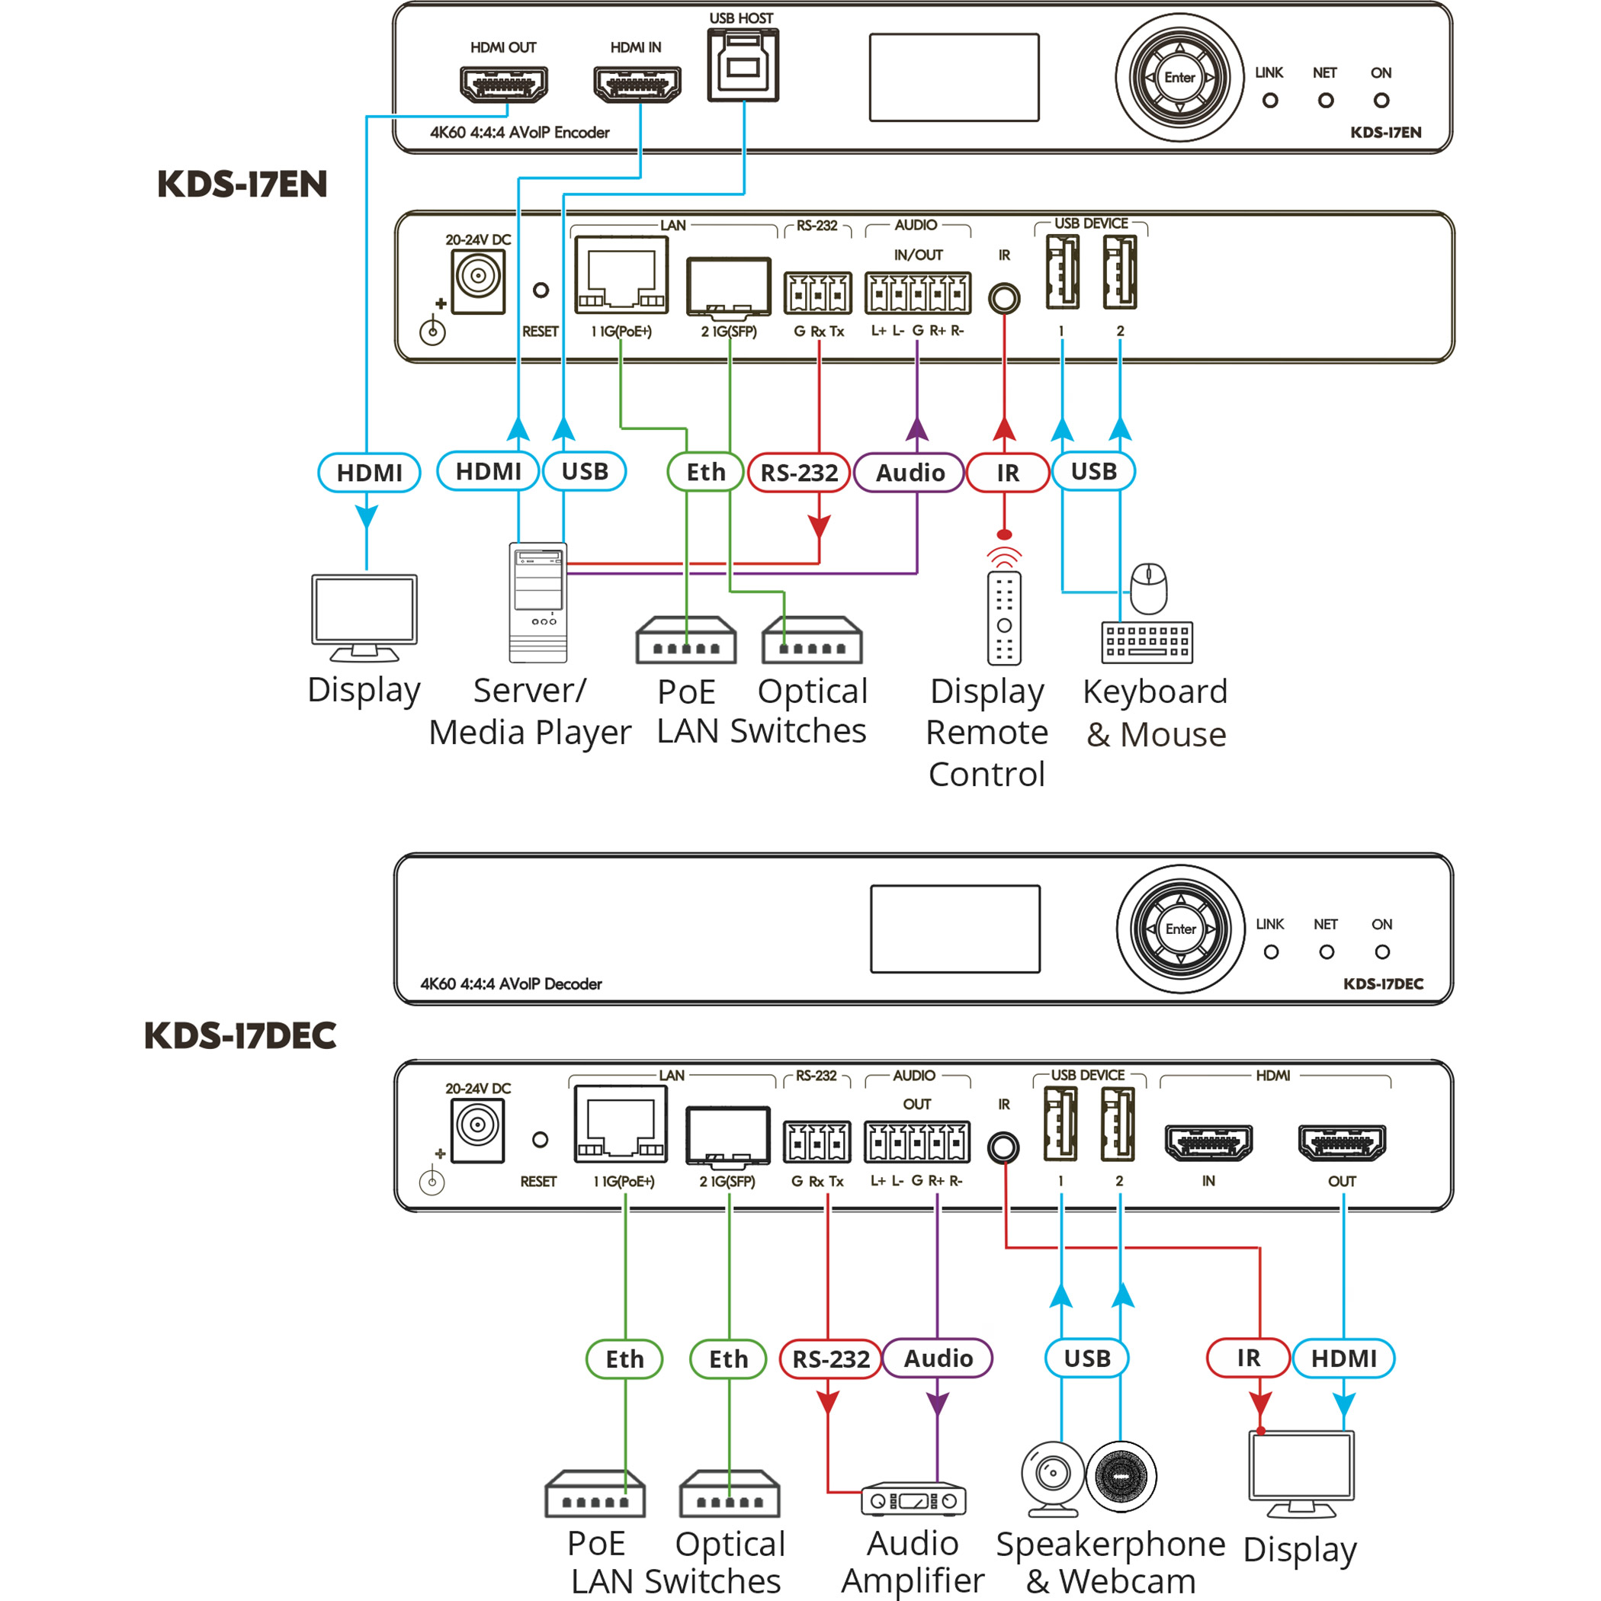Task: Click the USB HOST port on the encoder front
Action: point(743,65)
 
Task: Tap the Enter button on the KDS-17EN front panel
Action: point(1179,77)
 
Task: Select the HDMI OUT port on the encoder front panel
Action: point(503,84)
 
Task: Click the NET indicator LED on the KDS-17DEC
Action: point(1326,952)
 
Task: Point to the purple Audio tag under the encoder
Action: point(910,473)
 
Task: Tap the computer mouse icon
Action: point(1150,589)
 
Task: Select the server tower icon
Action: point(537,602)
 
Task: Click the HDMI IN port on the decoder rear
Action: point(1208,1144)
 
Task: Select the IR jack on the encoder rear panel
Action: point(1003,298)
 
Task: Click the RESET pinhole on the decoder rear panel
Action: point(540,1140)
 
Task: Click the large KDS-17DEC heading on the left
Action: point(240,1036)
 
